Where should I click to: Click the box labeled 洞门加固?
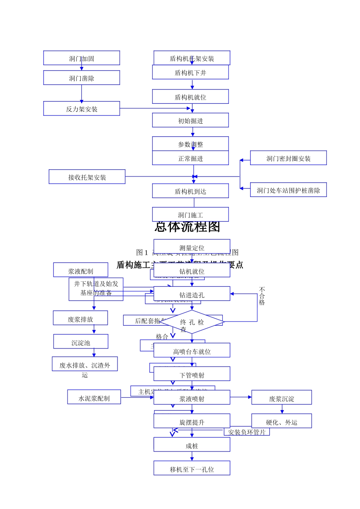pos(81,58)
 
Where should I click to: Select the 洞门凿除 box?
pos(81,78)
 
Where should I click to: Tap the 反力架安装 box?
pos(81,109)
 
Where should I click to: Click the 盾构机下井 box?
pos(190,72)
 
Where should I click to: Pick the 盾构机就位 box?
pos(190,97)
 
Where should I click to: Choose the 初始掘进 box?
pos(190,120)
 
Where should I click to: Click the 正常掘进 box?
pos(190,158)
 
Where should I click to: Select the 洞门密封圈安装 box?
pos(288,158)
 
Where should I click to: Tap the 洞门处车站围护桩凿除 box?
pos(288,190)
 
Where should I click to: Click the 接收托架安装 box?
pos(87,177)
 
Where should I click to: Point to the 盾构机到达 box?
pos(190,191)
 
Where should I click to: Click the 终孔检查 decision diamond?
pos(192,322)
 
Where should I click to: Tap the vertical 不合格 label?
pos(262,296)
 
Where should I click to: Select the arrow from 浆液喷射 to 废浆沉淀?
pos(241,397)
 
